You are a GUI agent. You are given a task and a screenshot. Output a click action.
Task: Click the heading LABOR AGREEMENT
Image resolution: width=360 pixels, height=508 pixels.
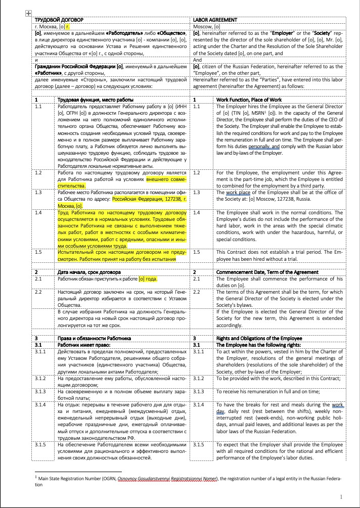(x=215, y=20)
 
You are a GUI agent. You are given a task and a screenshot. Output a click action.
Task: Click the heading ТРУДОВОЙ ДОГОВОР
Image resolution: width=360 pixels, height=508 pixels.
(x=59, y=20)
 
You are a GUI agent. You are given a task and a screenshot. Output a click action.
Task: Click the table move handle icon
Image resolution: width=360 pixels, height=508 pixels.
(x=28, y=14)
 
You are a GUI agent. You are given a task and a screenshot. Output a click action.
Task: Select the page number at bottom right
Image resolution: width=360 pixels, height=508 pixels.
(x=341, y=497)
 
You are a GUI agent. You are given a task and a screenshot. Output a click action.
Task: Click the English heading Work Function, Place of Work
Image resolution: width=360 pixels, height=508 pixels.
(x=249, y=100)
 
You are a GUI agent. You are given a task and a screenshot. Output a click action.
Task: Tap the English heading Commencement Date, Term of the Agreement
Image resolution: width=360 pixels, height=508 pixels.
(x=267, y=272)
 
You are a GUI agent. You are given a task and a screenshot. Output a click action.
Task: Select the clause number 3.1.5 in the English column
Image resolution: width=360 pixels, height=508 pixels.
(x=200, y=444)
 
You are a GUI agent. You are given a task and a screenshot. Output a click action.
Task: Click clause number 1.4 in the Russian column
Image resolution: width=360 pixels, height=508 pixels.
(x=39, y=213)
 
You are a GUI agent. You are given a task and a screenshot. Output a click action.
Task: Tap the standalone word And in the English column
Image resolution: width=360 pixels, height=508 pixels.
(x=198, y=59)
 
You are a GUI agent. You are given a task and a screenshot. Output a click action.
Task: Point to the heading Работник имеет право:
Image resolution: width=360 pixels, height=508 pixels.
(x=84, y=344)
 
